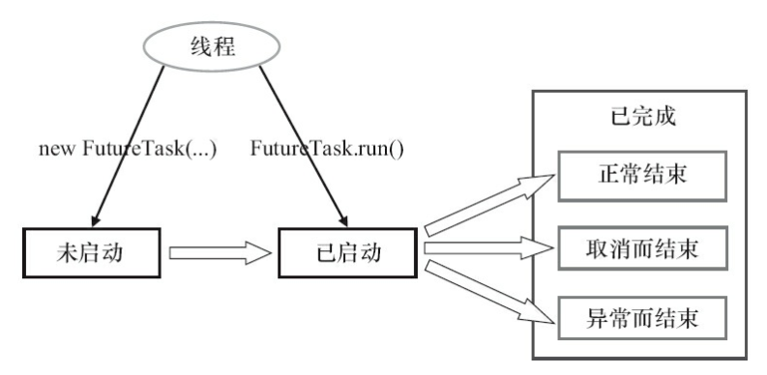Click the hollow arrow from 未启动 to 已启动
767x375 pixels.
[x=218, y=253]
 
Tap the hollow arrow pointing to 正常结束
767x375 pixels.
[x=488, y=204]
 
